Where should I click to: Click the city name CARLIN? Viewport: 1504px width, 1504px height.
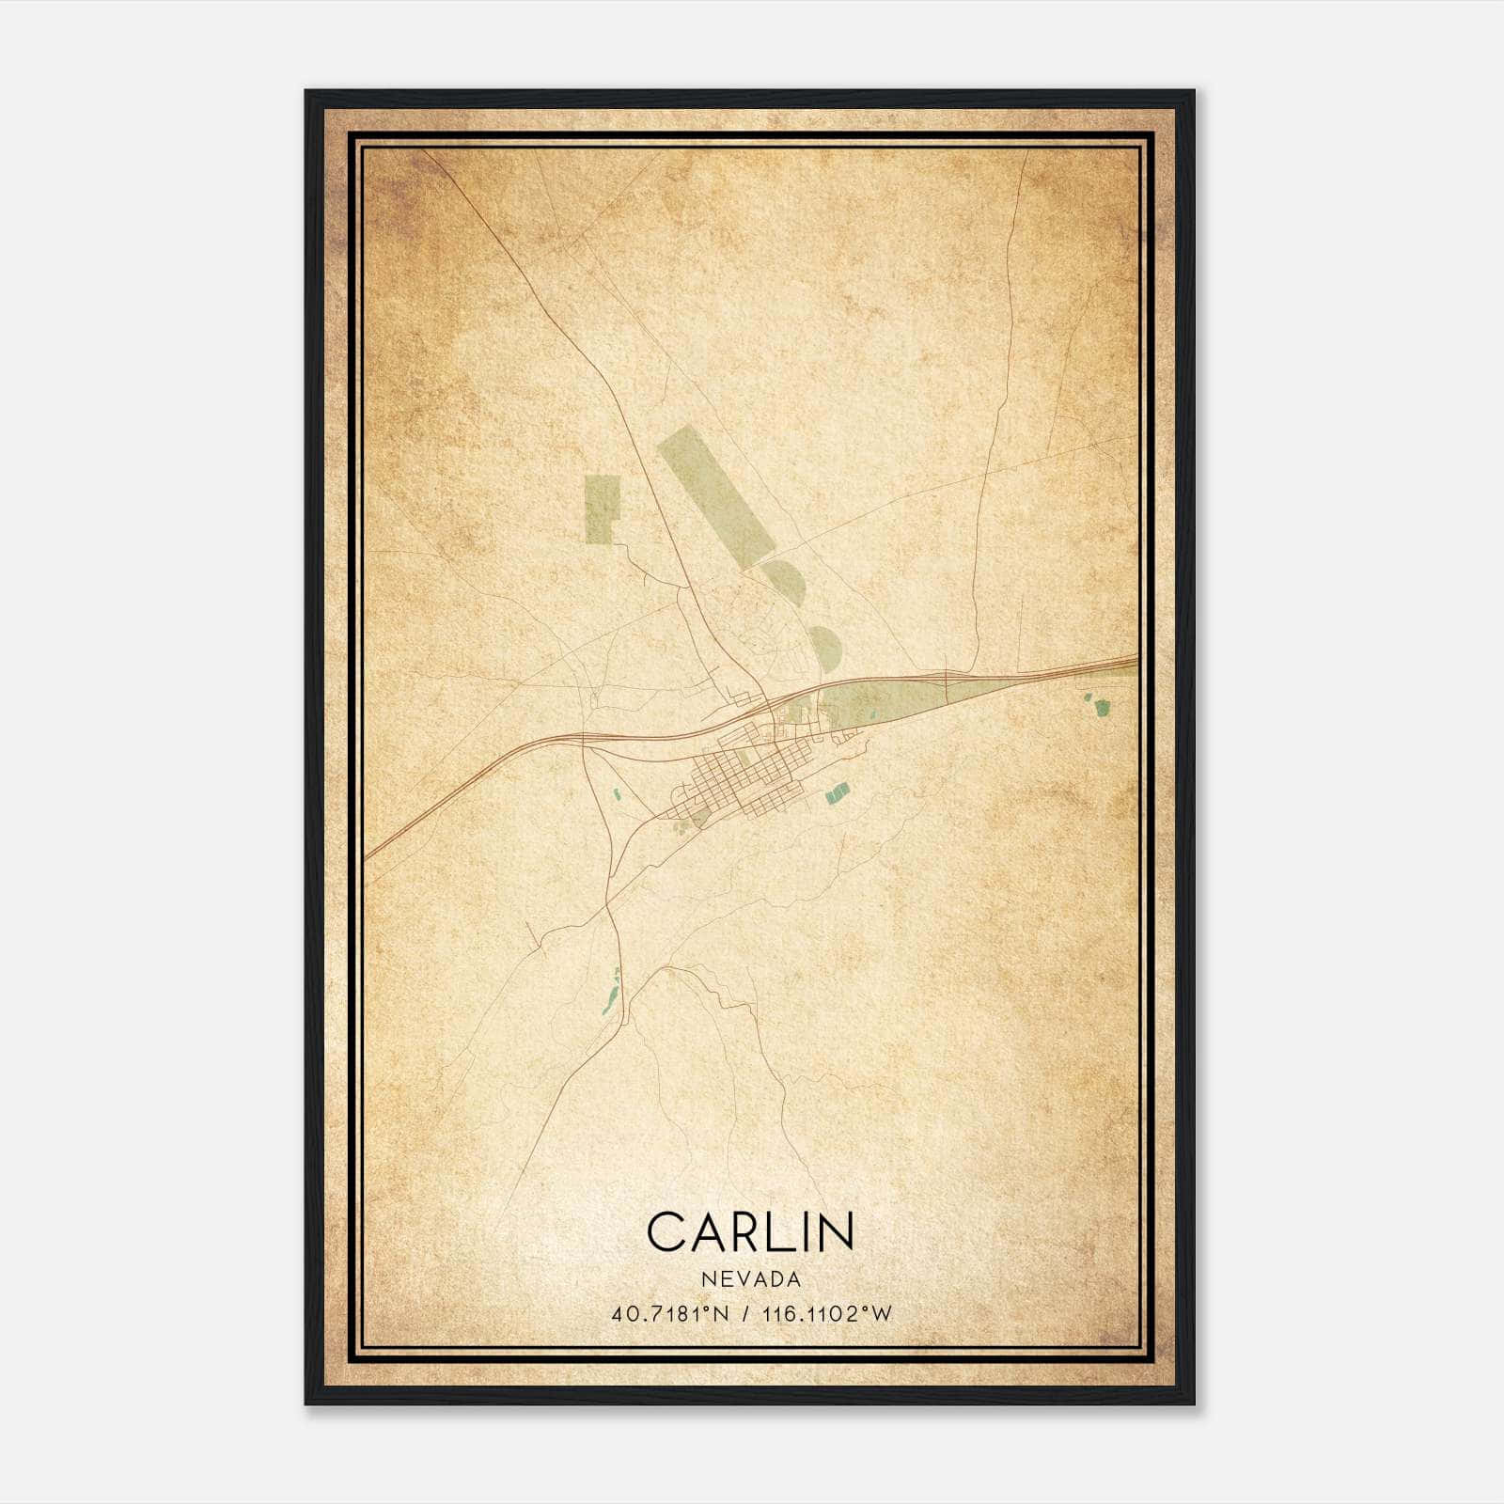pos(750,1231)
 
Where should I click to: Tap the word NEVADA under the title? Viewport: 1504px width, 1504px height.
pos(750,1279)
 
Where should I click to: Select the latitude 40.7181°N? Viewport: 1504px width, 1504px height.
pos(668,1314)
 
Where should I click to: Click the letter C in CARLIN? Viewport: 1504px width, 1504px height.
pos(666,1231)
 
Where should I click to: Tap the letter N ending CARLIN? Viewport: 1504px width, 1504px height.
pos(836,1231)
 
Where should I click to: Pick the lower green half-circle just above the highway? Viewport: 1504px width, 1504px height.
pos(824,648)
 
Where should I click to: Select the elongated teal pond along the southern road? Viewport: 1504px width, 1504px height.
pos(612,996)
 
